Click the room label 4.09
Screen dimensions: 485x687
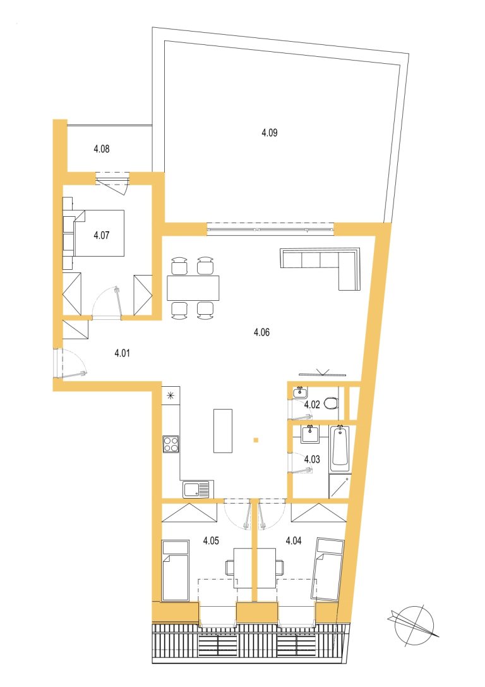coord(270,132)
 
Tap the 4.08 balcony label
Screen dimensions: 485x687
coord(102,149)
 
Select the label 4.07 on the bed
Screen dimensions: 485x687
coord(102,235)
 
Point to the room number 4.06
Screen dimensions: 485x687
coord(261,332)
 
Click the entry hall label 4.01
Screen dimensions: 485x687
coord(122,353)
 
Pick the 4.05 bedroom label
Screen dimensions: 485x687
coord(211,540)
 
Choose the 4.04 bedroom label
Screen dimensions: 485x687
coord(293,540)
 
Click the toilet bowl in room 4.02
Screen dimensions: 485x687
coord(332,403)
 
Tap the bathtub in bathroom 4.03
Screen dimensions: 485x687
coord(340,447)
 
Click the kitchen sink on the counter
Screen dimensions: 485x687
coord(198,489)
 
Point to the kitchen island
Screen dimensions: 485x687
coord(223,430)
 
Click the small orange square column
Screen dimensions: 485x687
coord(256,440)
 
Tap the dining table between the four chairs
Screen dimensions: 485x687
coord(193,288)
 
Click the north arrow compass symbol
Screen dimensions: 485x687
coord(413,624)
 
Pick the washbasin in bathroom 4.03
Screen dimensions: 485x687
coord(310,434)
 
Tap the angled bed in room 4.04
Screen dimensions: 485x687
coord(327,569)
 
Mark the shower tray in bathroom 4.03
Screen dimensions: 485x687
coord(340,485)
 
